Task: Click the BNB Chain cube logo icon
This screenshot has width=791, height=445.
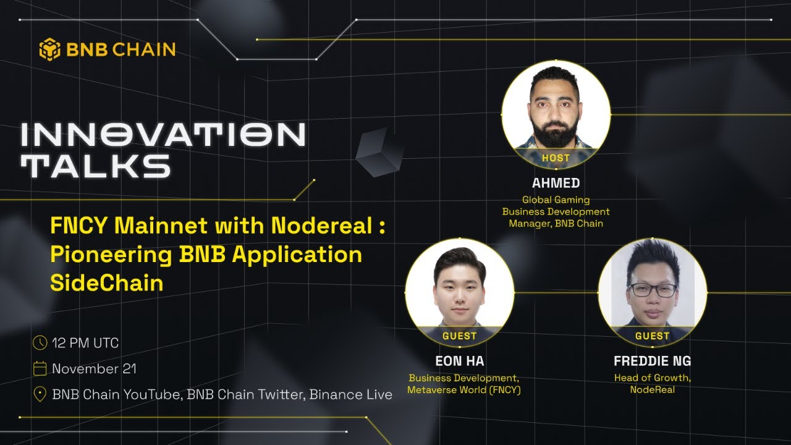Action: click(50, 49)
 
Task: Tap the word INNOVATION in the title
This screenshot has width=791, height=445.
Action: click(163, 135)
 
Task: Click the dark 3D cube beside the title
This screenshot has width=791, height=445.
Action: click(379, 152)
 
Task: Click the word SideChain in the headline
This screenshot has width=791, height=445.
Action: click(107, 282)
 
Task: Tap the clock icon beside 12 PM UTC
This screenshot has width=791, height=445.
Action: click(40, 342)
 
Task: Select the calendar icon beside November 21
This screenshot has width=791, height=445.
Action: click(40, 369)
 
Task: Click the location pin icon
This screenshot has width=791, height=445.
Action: click(40, 394)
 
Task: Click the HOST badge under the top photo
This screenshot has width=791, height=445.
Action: click(556, 158)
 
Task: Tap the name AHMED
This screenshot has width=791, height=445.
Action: click(556, 183)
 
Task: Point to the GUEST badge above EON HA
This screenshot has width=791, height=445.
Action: click(460, 336)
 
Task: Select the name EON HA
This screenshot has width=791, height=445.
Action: click(460, 361)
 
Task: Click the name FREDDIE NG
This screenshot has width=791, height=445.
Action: click(653, 361)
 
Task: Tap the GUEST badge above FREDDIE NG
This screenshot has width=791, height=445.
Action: click(653, 336)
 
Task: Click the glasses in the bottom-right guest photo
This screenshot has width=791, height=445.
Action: click(653, 290)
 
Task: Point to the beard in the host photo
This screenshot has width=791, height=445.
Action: click(556, 133)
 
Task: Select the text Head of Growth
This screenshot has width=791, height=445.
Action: click(653, 378)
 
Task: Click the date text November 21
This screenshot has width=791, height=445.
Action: click(95, 369)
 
